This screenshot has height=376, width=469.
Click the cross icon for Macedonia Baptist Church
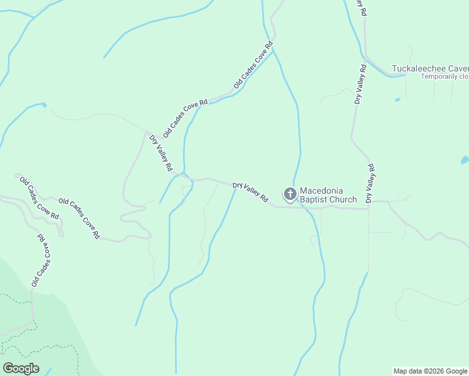pos(290,194)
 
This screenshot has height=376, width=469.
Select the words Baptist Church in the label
pos(328,200)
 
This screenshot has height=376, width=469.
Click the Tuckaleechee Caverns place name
pos(430,68)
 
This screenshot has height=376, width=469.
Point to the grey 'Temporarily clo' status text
pos(445,76)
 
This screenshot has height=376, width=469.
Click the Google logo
pos(21,368)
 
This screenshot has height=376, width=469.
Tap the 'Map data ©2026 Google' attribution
pos(430,371)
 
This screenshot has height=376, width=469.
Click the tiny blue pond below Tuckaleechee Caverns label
pos(398,99)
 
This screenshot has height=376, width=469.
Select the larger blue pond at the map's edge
pos(465,160)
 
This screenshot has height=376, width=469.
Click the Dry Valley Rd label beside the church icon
pos(250,192)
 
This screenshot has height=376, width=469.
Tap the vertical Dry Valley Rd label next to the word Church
pos(370,183)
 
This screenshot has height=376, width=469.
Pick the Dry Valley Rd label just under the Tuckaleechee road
pos(359,83)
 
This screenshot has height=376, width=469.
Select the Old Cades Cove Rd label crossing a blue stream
pos(254,65)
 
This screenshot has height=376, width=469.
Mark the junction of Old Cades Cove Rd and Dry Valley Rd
pos(147,132)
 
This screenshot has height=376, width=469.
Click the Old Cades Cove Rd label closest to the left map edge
pos(39,197)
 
